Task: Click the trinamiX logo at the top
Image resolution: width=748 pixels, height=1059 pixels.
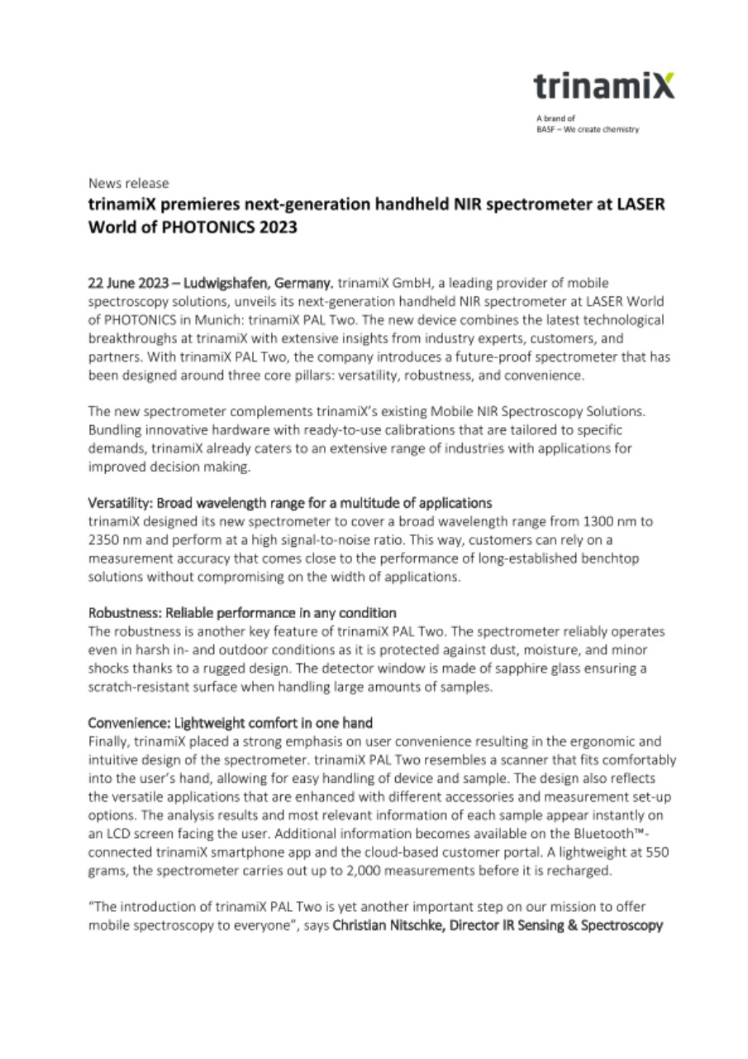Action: (603, 86)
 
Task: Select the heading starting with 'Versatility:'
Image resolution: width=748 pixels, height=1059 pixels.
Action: (290, 503)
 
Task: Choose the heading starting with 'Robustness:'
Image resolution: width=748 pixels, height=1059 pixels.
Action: (242, 613)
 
